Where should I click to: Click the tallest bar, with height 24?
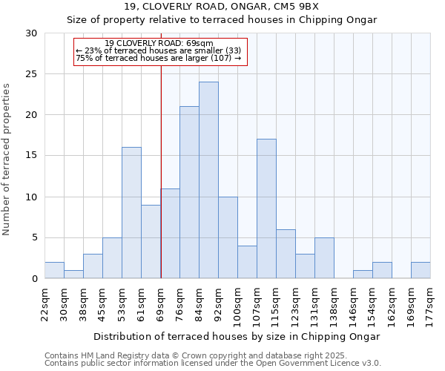pos(208,180)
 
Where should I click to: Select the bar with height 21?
pos(189,192)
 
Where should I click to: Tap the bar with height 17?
pos(266,209)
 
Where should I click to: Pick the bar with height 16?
pos(131,213)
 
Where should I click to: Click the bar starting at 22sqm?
pos(54,270)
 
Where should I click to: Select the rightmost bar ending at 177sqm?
pos(421,270)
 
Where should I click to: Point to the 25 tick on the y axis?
pos(31,74)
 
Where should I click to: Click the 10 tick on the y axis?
pos(31,197)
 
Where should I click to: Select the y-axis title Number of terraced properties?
pos(7,159)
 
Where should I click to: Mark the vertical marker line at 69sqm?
pos(161,171)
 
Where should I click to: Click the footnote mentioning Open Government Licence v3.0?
pos(213,364)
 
